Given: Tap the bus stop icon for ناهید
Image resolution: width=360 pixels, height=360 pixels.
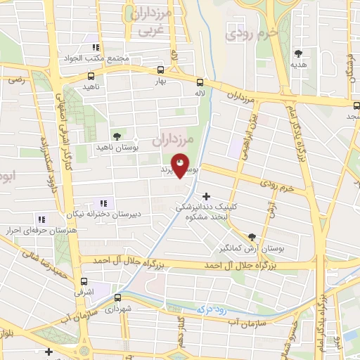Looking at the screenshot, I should (91, 76).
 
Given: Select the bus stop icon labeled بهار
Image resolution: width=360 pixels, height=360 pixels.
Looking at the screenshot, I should (161, 70).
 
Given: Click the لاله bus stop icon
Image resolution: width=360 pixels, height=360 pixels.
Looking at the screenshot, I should (200, 82).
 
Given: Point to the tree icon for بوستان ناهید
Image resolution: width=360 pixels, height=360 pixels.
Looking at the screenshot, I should (117, 136).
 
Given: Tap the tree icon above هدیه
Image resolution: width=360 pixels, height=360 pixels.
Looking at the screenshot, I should (299, 53).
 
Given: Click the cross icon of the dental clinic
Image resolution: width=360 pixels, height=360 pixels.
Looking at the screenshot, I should (206, 196).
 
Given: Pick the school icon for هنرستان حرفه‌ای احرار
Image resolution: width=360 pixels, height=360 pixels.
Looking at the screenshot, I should (41, 219).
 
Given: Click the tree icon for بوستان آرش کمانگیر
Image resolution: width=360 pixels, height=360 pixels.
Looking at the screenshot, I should (252, 237).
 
